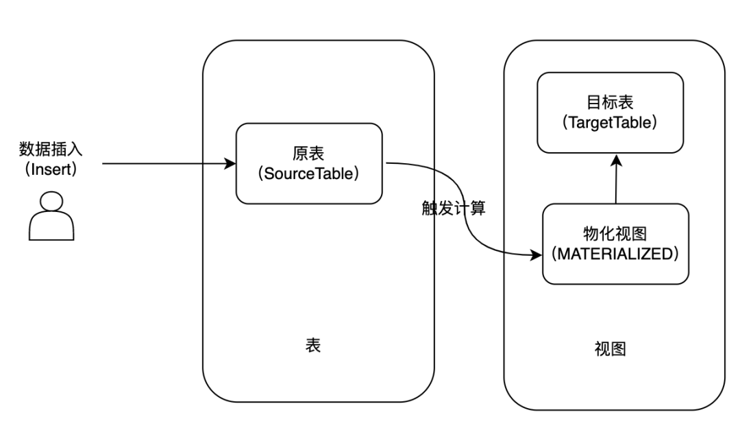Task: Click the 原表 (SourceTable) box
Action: click(x=308, y=163)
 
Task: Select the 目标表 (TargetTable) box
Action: click(x=610, y=112)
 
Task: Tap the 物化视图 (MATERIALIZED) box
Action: click(x=615, y=243)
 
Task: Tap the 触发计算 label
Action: click(x=454, y=208)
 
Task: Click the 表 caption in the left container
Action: click(x=312, y=345)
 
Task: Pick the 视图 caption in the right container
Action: click(x=610, y=349)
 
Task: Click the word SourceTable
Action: click(x=308, y=174)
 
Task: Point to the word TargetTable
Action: click(x=610, y=123)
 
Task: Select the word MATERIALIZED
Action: click(x=615, y=254)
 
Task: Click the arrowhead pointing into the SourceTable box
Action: click(x=230, y=164)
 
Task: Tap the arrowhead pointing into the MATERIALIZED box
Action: click(x=536, y=255)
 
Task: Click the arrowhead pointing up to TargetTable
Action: click(x=617, y=159)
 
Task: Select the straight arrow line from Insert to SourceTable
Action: click(x=164, y=164)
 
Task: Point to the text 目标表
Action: click(x=610, y=102)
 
